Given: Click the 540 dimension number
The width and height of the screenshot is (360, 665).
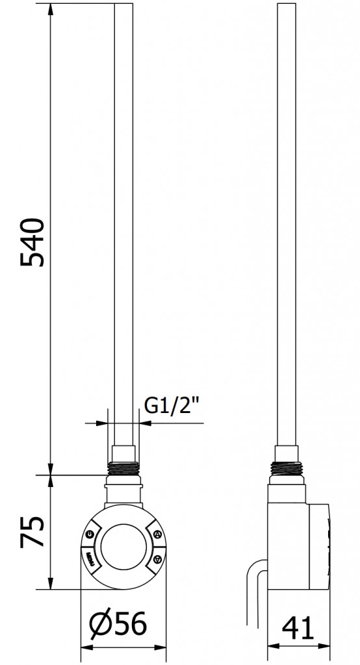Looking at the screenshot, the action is point(32,242).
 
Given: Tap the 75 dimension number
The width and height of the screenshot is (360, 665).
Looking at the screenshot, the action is point(32,532).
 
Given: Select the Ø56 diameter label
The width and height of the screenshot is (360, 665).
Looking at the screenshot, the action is point(118,623).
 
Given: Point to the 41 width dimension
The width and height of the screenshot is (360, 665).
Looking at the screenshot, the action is point(298,628).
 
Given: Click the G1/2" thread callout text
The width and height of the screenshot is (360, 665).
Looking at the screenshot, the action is point(172,407).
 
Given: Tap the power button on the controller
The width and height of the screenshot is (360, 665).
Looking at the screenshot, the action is point(90,535).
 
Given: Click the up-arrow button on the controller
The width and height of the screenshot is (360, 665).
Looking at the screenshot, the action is point(157,534).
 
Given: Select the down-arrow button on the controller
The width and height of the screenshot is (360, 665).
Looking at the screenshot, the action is point(157,559).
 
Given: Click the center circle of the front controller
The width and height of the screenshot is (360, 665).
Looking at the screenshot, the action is point(123,547).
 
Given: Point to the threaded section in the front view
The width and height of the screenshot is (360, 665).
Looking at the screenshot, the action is point(122,468).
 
